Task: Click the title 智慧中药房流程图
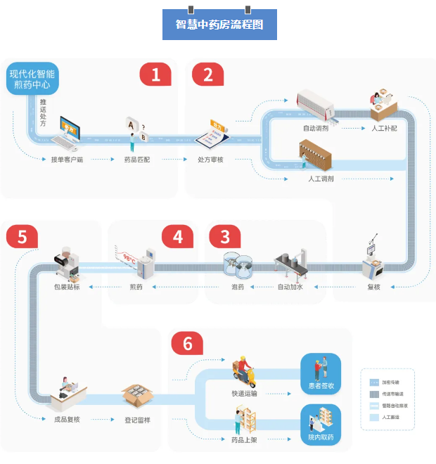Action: (x=219, y=25)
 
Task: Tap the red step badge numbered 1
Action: (x=155, y=75)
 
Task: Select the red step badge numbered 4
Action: (x=178, y=237)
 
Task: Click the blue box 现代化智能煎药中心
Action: (x=32, y=79)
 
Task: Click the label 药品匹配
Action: (x=139, y=160)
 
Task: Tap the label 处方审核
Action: (x=210, y=160)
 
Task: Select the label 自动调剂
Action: (x=315, y=129)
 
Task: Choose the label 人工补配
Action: (x=385, y=129)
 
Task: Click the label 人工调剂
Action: (x=321, y=179)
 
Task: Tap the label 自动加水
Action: (x=291, y=287)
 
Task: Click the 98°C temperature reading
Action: (x=129, y=258)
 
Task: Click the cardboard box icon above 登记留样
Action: (x=138, y=396)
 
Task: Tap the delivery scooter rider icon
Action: (x=244, y=373)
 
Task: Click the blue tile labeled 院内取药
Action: (x=321, y=425)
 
